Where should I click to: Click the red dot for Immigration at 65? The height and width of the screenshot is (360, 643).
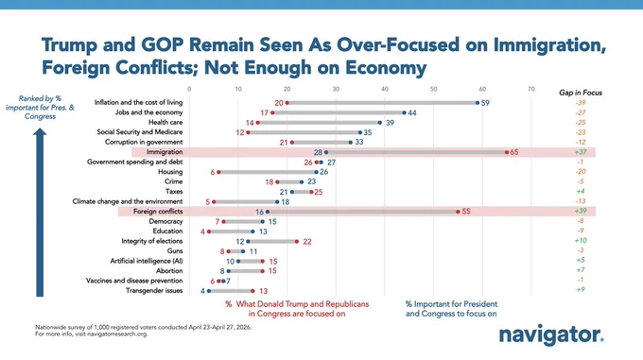(x=507, y=152)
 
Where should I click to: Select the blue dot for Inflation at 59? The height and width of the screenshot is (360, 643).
(x=478, y=103)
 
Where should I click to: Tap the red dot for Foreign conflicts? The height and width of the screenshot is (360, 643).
(x=458, y=212)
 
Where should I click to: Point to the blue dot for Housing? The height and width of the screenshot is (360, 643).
(x=316, y=172)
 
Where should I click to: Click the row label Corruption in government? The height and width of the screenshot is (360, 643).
(x=144, y=142)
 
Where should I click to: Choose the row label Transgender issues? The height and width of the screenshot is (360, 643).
(x=154, y=291)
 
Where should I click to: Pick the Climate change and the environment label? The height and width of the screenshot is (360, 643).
(x=128, y=201)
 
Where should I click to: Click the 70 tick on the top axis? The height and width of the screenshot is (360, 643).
(x=531, y=89)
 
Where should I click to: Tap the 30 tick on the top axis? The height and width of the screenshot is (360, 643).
(x=336, y=89)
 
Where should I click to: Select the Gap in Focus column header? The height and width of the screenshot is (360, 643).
(x=581, y=93)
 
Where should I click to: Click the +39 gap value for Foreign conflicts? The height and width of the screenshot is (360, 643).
(x=581, y=211)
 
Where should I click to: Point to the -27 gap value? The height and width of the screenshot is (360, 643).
(x=581, y=112)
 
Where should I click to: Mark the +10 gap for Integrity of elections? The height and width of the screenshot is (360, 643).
(x=581, y=240)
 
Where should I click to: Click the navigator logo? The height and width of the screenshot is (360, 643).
(x=551, y=335)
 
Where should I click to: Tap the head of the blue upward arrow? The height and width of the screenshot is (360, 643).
(x=40, y=132)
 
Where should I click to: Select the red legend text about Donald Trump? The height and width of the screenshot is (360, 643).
(x=297, y=309)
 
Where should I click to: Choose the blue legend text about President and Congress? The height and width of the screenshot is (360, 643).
(x=451, y=309)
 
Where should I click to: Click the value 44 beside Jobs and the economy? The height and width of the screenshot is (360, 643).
(x=412, y=113)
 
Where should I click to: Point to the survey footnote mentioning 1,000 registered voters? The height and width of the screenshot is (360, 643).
(x=143, y=327)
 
